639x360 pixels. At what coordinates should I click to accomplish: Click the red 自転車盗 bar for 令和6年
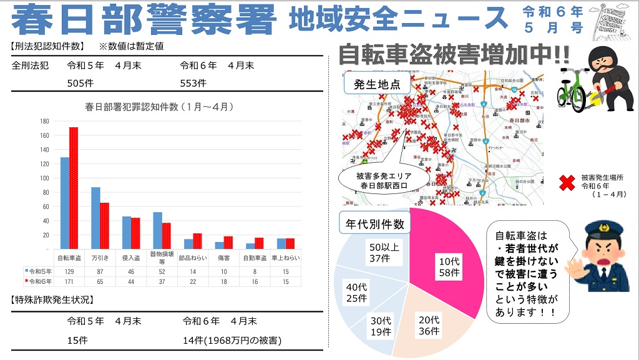[74, 187]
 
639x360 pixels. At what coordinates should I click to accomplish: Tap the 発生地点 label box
[377, 84]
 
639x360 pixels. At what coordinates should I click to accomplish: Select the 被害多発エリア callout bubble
[383, 180]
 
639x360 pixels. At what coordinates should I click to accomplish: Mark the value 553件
[193, 82]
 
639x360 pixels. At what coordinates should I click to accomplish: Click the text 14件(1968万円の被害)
[232, 341]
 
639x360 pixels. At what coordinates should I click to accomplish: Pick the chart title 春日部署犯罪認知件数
[159, 107]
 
